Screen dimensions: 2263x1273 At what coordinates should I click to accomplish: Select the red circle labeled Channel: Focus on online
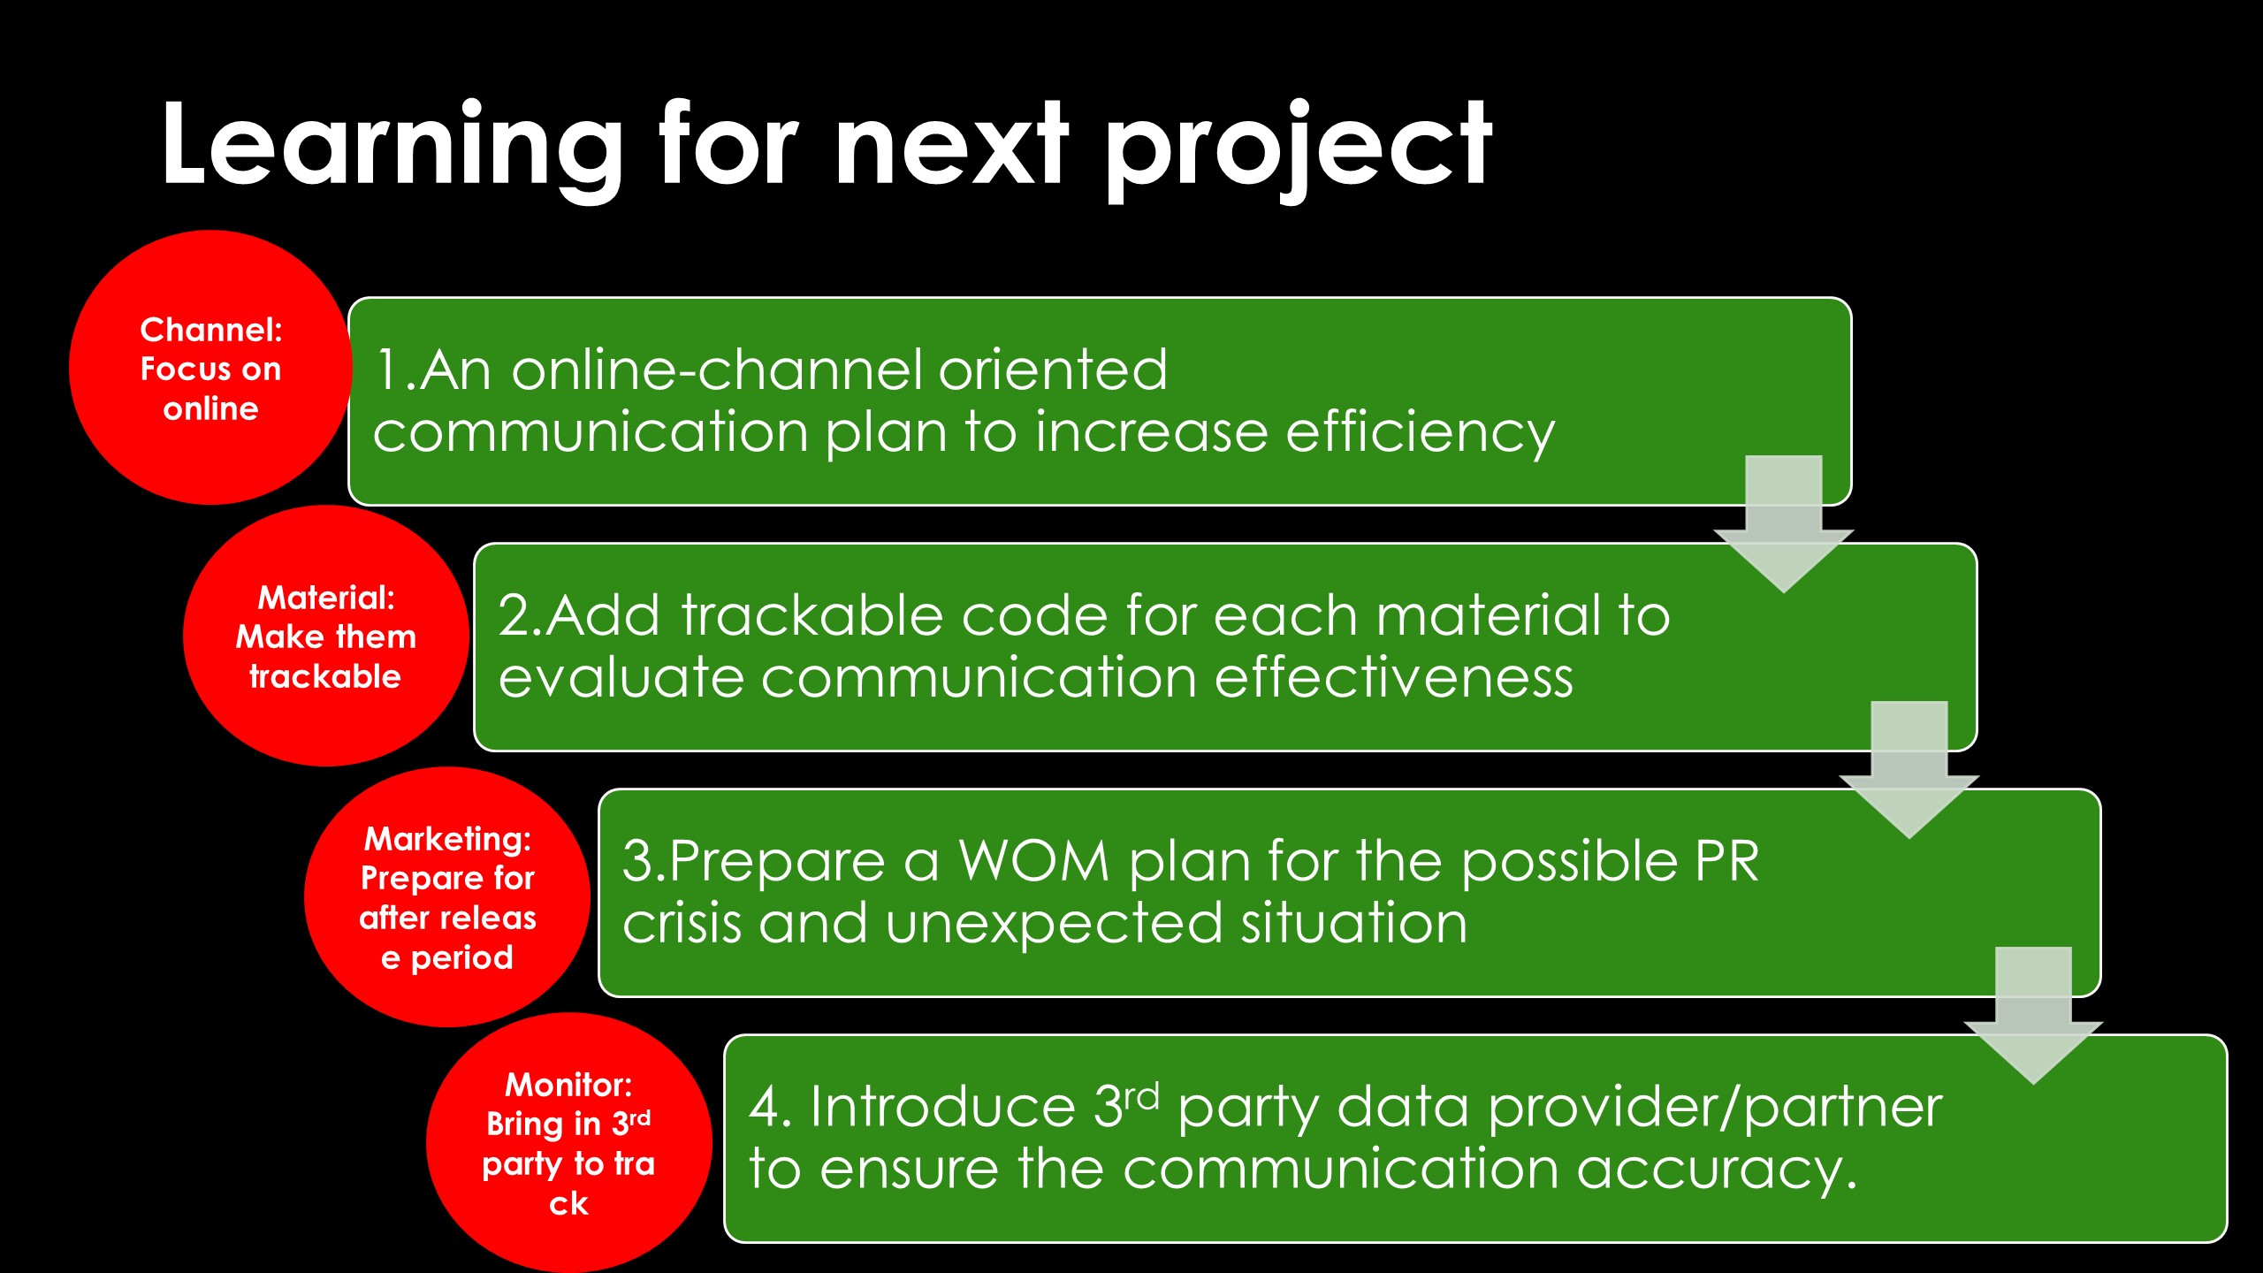[210, 368]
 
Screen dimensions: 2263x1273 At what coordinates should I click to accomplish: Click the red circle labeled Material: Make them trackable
[325, 636]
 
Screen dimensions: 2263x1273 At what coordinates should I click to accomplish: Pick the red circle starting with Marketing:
[447, 896]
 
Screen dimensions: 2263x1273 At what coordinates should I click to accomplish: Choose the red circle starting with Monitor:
[568, 1143]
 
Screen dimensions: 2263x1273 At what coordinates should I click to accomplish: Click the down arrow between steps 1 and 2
[1784, 524]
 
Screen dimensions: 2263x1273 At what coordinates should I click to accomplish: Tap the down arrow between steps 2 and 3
[1909, 770]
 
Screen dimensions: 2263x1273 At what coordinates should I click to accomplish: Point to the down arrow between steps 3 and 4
[2034, 1016]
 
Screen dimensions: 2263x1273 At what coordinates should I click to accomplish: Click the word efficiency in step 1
[1420, 434]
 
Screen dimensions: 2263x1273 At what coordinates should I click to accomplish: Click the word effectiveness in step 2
[1394, 678]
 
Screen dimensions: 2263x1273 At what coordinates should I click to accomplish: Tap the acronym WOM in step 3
[1034, 861]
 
